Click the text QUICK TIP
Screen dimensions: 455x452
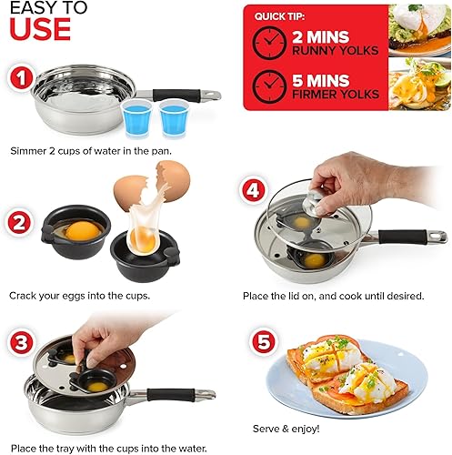[281, 15]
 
